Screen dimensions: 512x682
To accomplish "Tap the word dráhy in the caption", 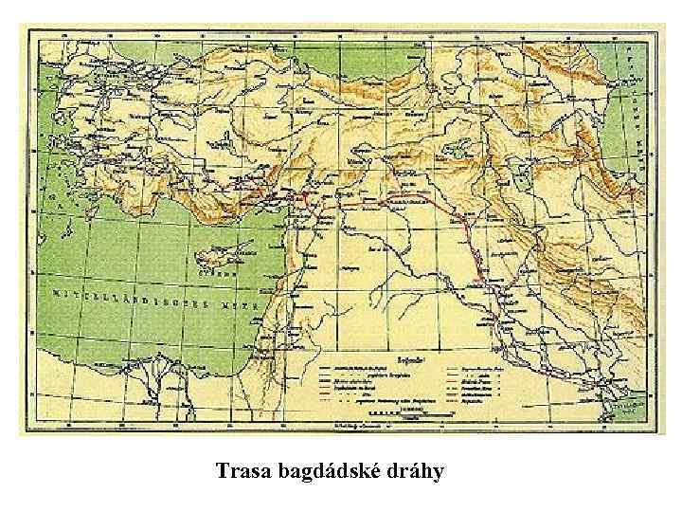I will [413, 471].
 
